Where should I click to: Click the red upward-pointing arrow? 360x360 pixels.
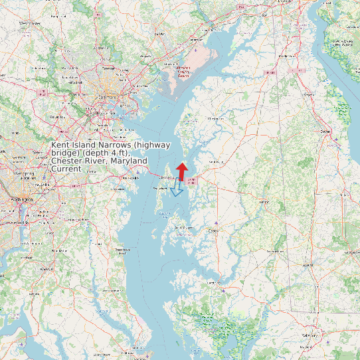(182, 171)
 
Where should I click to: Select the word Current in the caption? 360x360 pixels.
(66, 169)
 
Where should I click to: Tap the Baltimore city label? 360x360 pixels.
(107, 98)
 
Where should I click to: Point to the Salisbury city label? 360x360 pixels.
(307, 336)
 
